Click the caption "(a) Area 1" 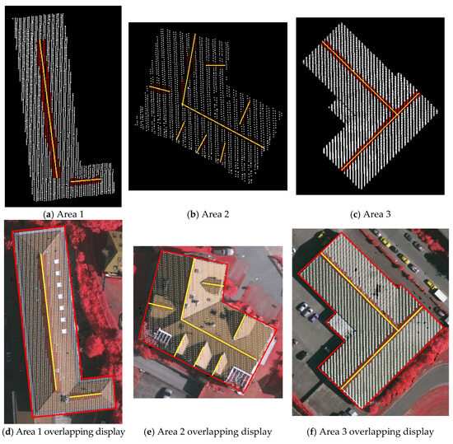coord(63,213)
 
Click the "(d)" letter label coord(10,431)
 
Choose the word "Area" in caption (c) coord(371,213)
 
